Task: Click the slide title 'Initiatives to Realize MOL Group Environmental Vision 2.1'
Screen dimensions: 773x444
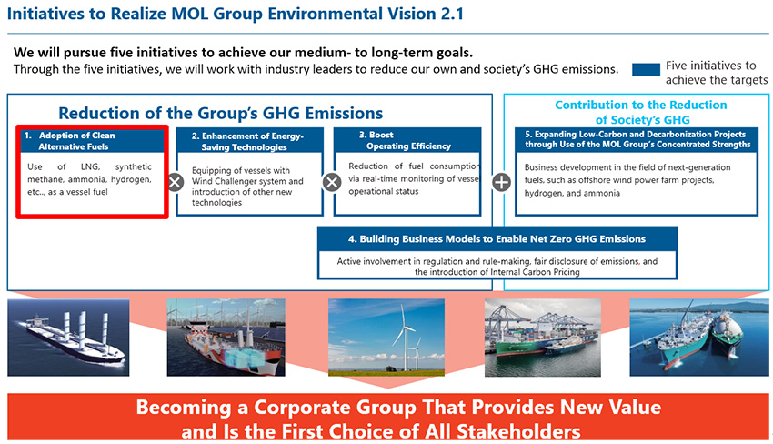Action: [236, 14]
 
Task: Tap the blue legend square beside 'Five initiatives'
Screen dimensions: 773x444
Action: [646, 69]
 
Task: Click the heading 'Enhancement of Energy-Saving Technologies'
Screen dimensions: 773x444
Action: [247, 141]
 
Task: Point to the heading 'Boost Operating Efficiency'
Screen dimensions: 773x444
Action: [405, 140]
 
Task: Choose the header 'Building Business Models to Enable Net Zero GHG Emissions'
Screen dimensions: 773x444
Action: [497, 239]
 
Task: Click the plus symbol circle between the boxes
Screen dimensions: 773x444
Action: [501, 183]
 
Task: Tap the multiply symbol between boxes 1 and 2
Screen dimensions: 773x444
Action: [176, 183]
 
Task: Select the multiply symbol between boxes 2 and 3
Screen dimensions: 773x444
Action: [332, 183]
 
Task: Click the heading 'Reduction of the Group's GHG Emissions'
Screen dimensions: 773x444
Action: [220, 113]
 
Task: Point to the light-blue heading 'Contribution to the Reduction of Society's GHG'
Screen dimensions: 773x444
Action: [641, 112]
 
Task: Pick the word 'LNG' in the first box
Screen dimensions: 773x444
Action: [90, 167]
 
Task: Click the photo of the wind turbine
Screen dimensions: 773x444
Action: [386, 337]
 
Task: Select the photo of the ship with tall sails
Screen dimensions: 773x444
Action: [68, 338]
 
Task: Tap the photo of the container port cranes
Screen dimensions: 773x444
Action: [543, 338]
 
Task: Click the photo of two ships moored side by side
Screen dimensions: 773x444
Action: [699, 338]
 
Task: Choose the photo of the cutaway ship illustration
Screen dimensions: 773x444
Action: [226, 338]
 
